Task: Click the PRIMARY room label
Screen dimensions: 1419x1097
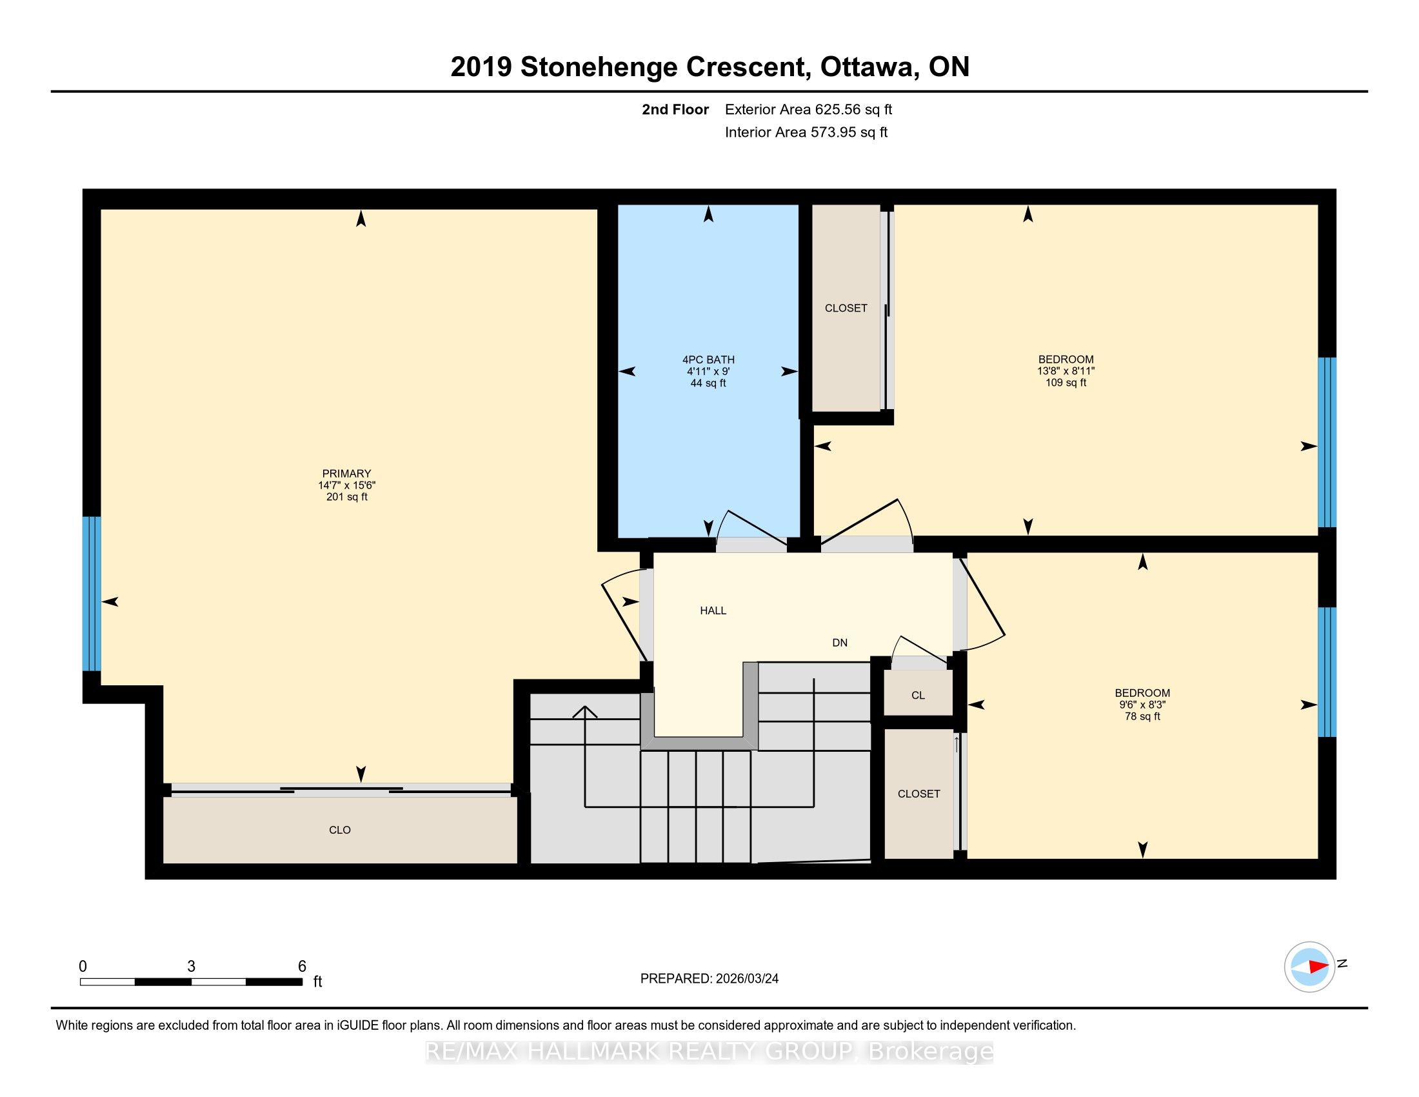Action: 346,474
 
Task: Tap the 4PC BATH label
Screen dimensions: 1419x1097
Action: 708,359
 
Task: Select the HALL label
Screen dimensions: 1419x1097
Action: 713,610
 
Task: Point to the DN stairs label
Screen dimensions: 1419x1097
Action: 839,643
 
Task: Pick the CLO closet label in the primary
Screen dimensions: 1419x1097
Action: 340,830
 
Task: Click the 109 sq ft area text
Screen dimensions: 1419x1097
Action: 1066,383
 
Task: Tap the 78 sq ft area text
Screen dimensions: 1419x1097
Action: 1142,716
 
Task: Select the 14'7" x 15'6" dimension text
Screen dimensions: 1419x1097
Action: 346,485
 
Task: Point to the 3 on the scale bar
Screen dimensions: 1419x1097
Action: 191,967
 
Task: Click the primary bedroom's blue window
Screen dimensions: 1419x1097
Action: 92,593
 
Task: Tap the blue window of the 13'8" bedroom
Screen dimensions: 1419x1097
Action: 1327,442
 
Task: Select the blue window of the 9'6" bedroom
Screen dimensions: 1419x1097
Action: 1327,671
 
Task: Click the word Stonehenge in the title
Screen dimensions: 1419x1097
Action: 662,67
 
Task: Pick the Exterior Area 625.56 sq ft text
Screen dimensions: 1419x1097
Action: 809,110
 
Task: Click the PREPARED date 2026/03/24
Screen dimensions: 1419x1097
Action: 746,978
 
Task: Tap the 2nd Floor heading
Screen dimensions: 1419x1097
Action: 675,110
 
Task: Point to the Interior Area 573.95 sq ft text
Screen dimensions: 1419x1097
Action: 806,132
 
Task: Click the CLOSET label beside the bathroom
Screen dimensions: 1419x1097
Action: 846,308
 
